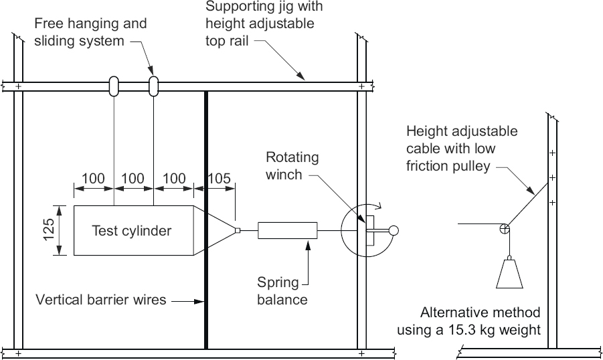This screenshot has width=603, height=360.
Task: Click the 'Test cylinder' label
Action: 131,231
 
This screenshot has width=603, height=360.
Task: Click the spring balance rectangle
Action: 287,231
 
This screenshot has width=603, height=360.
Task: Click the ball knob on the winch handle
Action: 394,231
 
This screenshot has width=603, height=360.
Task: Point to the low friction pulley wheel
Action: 505,231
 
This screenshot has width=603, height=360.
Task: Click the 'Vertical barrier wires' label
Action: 100,300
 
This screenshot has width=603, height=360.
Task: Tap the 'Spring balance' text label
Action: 283,292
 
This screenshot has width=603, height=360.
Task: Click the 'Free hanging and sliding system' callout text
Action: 91,32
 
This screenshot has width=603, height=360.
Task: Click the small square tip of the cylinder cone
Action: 238,231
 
